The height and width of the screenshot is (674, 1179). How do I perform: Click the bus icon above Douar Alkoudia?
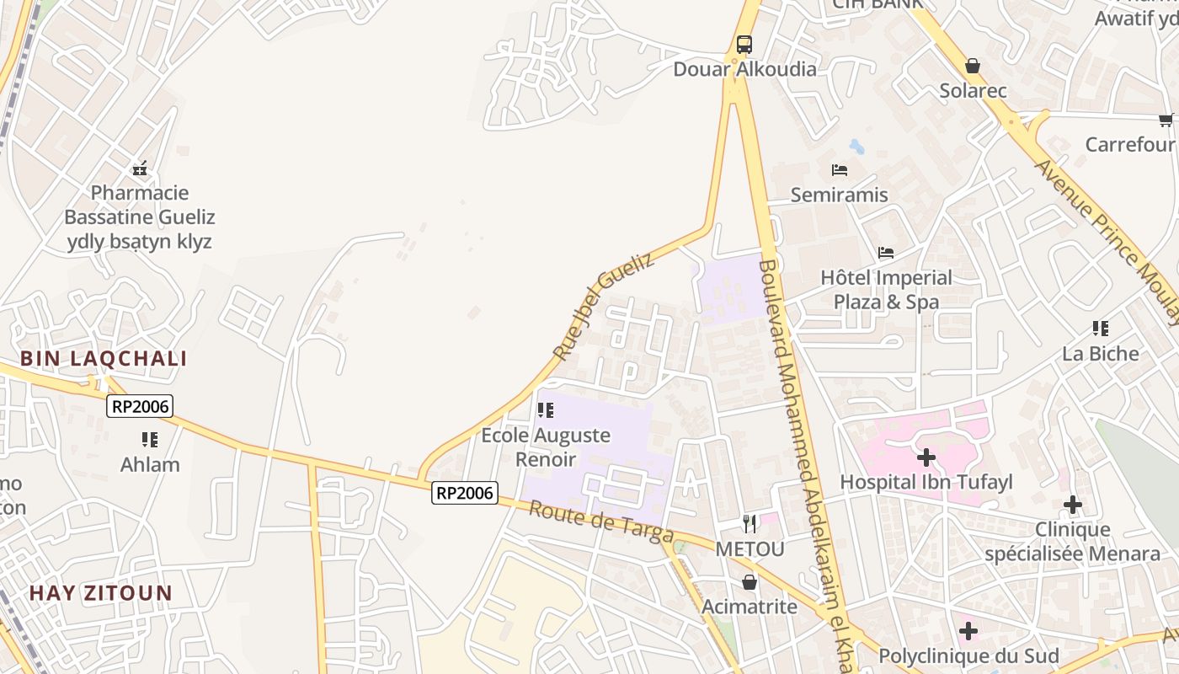click(x=744, y=45)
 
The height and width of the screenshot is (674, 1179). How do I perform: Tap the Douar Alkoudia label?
click(x=744, y=69)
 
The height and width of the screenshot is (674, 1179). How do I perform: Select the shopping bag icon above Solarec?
click(x=973, y=66)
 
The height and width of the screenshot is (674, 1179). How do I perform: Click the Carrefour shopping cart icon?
click(x=1166, y=120)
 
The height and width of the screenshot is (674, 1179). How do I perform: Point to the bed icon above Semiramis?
click(x=840, y=170)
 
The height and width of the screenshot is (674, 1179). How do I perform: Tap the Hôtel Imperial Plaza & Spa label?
click(x=886, y=289)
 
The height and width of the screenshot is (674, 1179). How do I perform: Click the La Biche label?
click(x=1100, y=353)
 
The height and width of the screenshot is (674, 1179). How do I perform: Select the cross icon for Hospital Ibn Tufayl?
click(x=926, y=457)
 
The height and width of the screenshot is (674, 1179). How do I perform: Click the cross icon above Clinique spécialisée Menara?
click(x=1072, y=505)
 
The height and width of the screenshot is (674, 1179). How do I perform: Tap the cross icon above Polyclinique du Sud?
click(x=968, y=630)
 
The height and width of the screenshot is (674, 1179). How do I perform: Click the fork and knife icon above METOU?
click(x=750, y=524)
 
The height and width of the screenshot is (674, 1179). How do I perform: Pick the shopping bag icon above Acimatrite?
click(x=750, y=582)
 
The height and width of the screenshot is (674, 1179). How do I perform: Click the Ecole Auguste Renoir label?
click(x=546, y=447)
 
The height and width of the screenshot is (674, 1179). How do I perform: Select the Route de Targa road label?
click(x=601, y=522)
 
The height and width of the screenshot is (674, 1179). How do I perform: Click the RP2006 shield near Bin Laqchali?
click(x=140, y=407)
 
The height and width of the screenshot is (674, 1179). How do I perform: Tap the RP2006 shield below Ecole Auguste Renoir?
click(x=464, y=493)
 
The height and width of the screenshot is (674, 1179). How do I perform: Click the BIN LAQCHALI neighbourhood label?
click(x=104, y=359)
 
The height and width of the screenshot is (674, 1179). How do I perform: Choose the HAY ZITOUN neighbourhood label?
click(x=101, y=593)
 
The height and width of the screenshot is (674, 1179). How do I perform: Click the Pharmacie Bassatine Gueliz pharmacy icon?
click(x=140, y=169)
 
